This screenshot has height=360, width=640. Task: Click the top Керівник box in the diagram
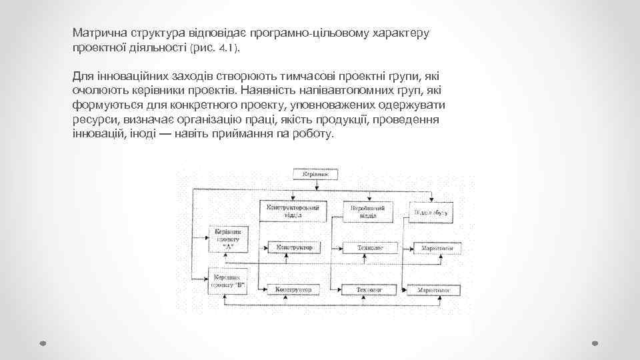click(316, 175)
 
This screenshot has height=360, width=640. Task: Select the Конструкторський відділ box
click(292, 211)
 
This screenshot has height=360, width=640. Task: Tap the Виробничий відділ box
click(364, 211)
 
